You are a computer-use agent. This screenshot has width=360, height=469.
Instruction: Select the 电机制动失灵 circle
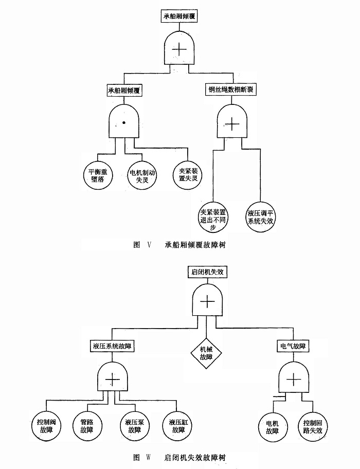(142, 176)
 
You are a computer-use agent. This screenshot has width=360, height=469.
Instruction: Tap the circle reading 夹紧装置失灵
(188, 176)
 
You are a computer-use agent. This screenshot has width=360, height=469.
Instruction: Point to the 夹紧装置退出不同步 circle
(214, 217)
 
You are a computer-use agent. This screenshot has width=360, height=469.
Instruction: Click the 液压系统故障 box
(112, 346)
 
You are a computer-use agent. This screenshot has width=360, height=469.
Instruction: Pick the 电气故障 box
(293, 346)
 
